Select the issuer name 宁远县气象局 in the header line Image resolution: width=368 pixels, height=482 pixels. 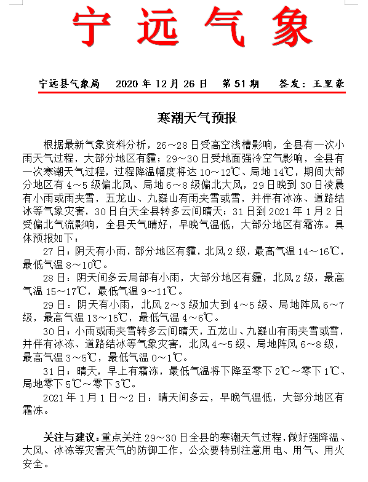(69, 83)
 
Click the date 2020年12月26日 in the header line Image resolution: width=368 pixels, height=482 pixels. (159, 83)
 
